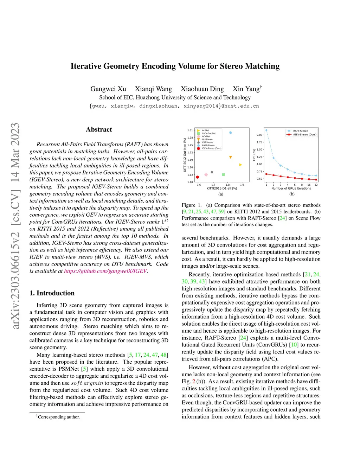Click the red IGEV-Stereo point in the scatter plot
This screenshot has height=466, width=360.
coord(198,177)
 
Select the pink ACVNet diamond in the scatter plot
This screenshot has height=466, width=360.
coord(206,174)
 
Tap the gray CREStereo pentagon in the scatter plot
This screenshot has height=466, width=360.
coord(212,172)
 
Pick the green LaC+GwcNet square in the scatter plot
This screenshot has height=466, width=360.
coord(223,174)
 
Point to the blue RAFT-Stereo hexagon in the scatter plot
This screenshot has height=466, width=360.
coord(231,133)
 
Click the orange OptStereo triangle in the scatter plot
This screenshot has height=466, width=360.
coord(231,157)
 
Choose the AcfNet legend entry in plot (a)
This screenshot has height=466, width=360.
coord(205,130)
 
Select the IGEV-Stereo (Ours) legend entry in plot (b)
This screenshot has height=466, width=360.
coord(304,134)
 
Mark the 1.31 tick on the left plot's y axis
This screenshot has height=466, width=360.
coord(190,130)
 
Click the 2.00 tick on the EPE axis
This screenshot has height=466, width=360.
coord(259,135)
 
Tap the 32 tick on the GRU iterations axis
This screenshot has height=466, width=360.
coord(316,185)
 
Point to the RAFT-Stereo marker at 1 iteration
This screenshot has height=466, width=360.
coord(266,130)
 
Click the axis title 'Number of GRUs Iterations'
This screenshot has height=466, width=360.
coord(291,189)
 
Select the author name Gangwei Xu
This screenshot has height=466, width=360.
coord(108,89)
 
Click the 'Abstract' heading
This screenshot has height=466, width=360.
coord(99,129)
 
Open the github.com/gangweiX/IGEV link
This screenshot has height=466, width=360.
coord(105,271)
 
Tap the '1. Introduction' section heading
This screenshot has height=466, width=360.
coord(52,293)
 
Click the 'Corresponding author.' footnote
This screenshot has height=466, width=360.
coord(59,417)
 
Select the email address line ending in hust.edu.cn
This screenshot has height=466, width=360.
coord(174,106)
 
